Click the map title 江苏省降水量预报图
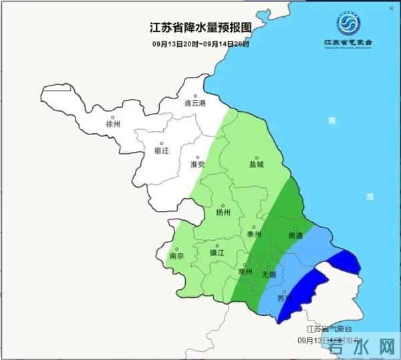click(x=200, y=29)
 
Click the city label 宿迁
click(x=162, y=151)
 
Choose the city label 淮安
click(x=198, y=164)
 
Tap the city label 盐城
click(x=257, y=164)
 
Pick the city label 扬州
click(x=223, y=213)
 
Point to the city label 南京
click(x=177, y=256)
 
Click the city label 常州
click(x=246, y=273)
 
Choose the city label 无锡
click(x=268, y=274)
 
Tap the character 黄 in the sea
click(x=329, y=121)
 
